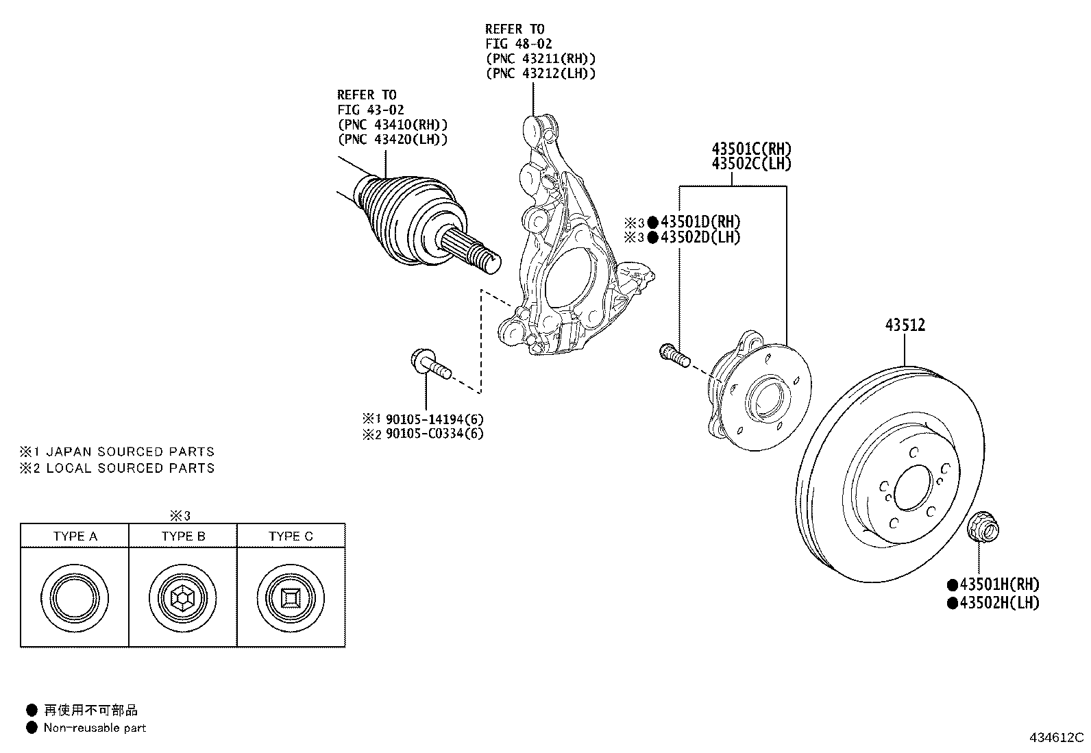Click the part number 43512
point(905,325)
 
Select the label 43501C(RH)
point(752,149)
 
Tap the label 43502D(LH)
point(700,237)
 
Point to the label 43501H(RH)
point(999,584)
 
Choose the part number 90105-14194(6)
point(434,419)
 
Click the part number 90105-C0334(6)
point(434,434)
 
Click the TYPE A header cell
point(75,536)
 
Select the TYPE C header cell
point(291,536)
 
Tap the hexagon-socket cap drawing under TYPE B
point(183,598)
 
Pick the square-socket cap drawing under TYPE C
point(291,598)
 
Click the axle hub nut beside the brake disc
point(983,526)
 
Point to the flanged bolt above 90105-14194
point(430,365)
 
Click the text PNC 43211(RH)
point(541,58)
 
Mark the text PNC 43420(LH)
point(393,139)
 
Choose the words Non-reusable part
point(95,728)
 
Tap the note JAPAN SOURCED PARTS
point(130,452)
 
